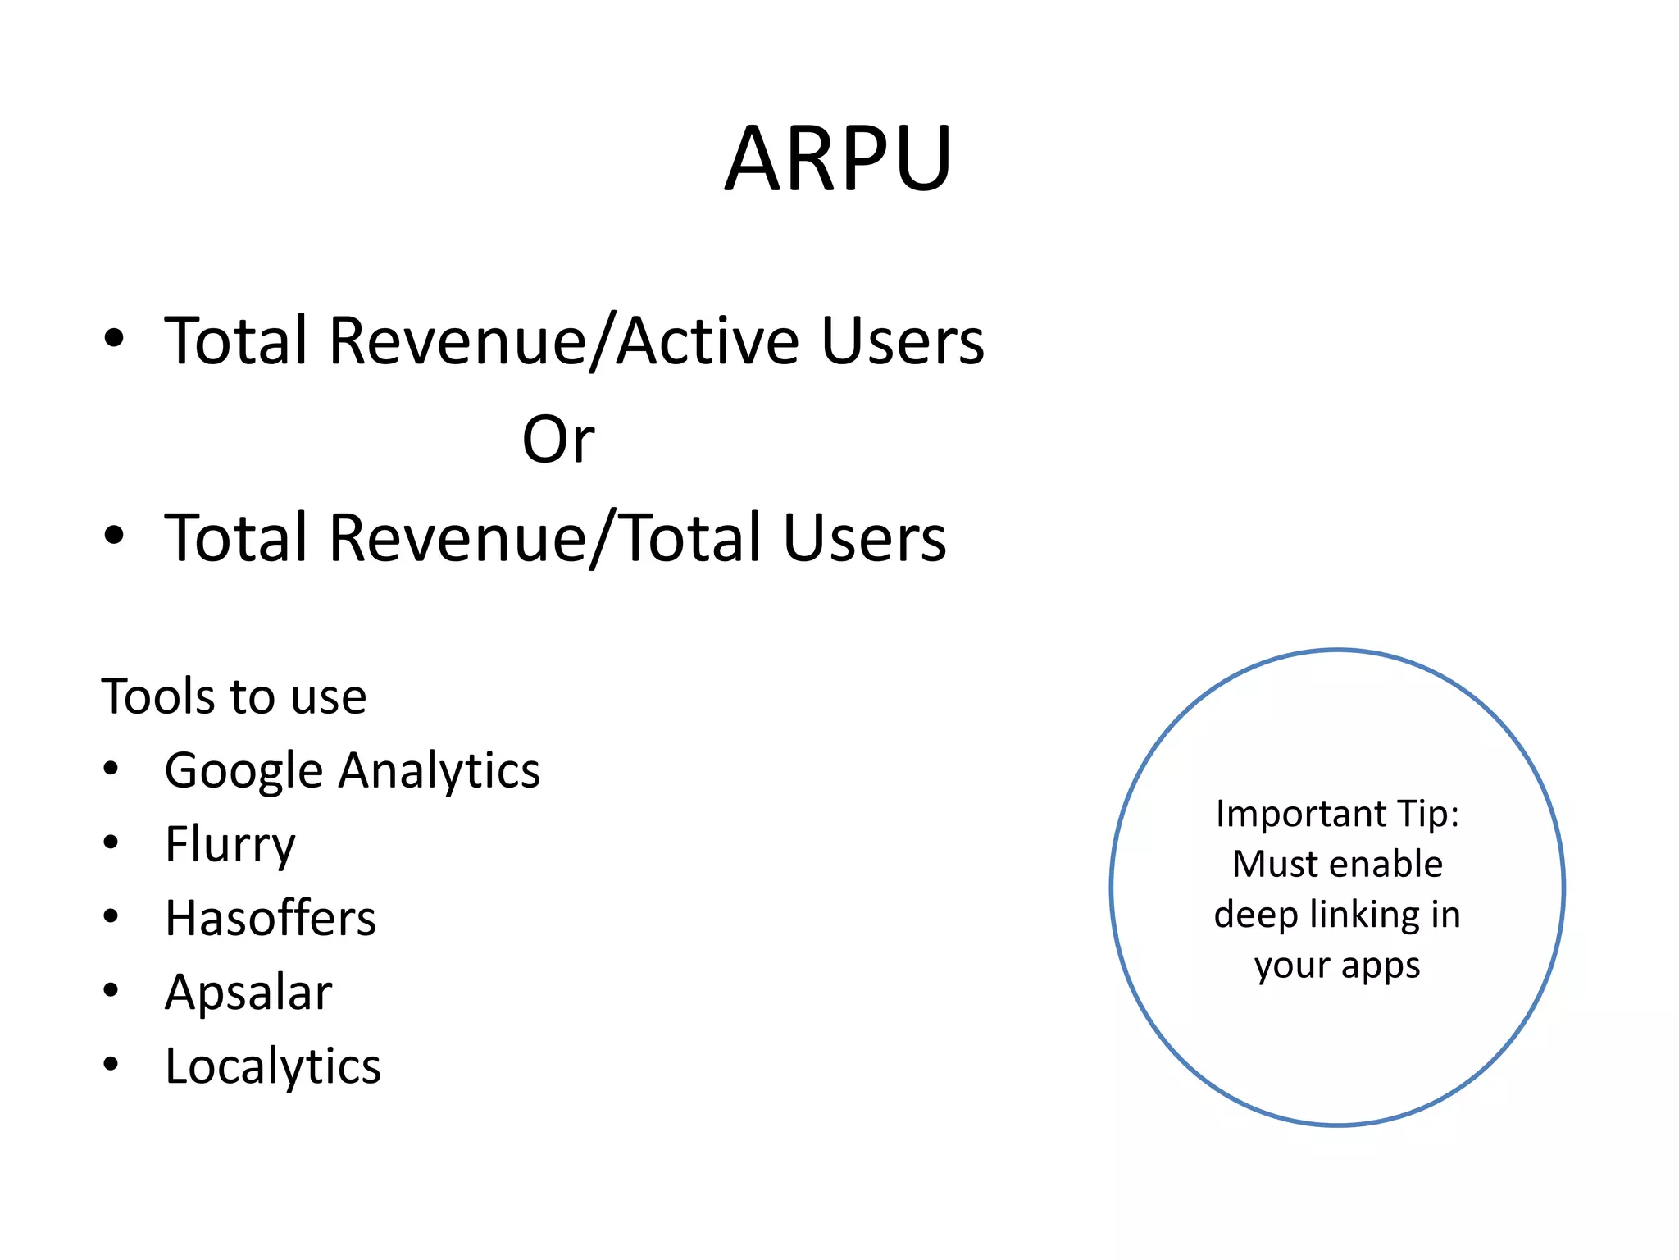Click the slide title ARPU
(x=838, y=158)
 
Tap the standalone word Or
(x=558, y=439)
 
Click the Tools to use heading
(x=234, y=696)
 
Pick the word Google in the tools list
(x=243, y=771)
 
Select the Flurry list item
(x=230, y=844)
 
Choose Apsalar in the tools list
(x=248, y=992)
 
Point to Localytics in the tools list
(x=273, y=1066)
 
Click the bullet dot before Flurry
(x=111, y=842)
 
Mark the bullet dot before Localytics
(x=111, y=1064)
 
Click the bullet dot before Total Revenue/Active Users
(x=114, y=337)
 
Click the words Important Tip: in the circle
(x=1337, y=814)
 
